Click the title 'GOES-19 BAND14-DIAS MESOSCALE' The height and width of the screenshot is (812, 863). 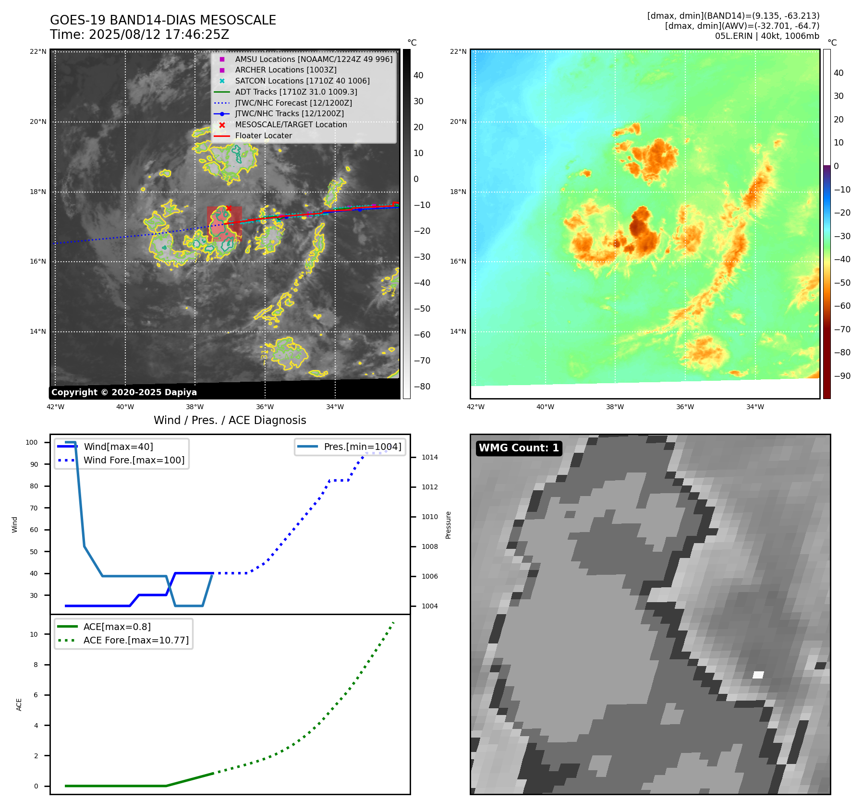tap(163, 20)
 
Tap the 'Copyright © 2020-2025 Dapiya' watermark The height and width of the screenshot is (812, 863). tap(124, 392)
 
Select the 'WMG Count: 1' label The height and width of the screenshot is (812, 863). tap(519, 448)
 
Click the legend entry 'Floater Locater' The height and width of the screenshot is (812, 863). tap(263, 136)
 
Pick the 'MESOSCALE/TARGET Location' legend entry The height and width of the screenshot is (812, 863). tap(291, 125)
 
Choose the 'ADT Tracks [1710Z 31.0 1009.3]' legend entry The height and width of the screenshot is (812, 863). tap(296, 92)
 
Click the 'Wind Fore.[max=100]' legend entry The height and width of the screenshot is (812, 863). tap(134, 460)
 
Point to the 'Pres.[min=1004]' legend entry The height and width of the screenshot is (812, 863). tap(362, 447)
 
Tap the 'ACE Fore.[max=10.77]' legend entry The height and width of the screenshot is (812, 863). tap(136, 640)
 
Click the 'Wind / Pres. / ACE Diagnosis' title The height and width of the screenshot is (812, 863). tap(230, 420)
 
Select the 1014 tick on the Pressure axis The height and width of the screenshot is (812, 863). tap(429, 458)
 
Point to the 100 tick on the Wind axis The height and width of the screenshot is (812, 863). tap(32, 442)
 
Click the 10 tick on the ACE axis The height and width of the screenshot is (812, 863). tap(34, 634)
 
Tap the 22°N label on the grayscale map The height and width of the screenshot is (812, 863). tap(38, 52)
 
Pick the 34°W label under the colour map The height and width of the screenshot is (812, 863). tap(754, 407)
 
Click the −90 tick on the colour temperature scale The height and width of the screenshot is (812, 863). tap(842, 376)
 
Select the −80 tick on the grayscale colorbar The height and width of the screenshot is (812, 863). tap(422, 387)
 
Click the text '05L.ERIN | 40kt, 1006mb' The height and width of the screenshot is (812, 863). tap(766, 36)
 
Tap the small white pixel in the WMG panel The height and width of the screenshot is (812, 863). tap(758, 675)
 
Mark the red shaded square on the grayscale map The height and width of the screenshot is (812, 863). tap(224, 223)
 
